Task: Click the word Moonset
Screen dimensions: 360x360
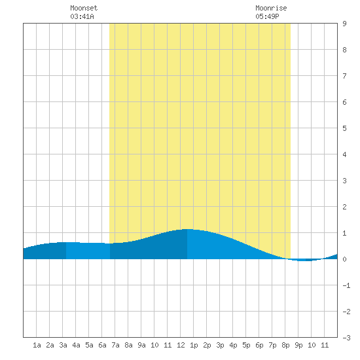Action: tap(84, 8)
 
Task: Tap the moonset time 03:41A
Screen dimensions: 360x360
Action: tap(82, 16)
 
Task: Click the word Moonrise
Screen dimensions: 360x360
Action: tap(271, 8)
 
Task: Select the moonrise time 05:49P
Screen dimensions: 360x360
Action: tap(267, 16)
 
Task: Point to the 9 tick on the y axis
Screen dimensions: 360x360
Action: tap(344, 24)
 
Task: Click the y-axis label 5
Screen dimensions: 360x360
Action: tap(344, 128)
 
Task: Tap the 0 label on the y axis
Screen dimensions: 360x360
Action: tap(344, 259)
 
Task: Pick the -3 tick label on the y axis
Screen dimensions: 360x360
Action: tap(346, 338)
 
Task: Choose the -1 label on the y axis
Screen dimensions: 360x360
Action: tap(346, 285)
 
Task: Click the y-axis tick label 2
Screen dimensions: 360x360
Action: tap(344, 207)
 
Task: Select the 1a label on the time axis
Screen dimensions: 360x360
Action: tap(37, 345)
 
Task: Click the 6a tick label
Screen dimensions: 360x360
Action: tap(102, 345)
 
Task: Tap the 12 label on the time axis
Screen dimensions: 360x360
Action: tap(181, 345)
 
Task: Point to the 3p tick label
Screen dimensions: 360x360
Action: tap(220, 345)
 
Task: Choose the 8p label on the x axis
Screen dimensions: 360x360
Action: tap(285, 345)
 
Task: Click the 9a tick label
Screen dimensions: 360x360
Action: tap(141, 345)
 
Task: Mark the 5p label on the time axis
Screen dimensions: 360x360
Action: tap(246, 345)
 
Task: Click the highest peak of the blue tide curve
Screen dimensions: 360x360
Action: tap(187, 229)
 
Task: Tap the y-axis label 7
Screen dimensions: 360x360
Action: tap(344, 76)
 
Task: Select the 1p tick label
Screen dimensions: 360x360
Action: tap(194, 345)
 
